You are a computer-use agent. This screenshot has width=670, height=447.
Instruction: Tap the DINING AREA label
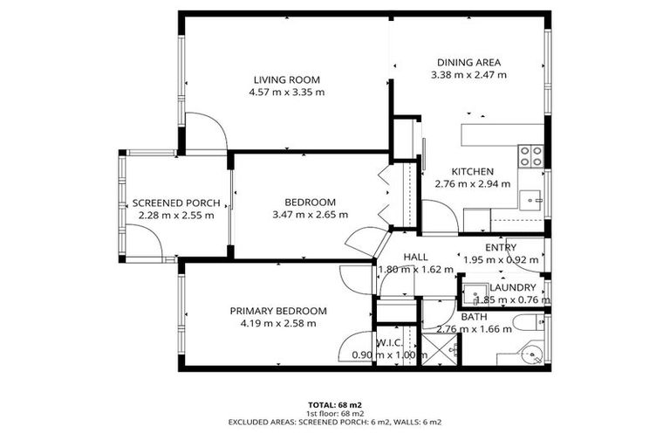coord(468,62)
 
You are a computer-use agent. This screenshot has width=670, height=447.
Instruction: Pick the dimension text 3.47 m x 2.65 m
coord(310,214)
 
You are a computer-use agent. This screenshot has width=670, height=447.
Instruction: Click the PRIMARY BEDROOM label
coord(278,311)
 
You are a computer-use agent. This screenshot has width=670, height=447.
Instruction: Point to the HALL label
coord(414,257)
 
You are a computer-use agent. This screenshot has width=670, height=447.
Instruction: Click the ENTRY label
coord(501,247)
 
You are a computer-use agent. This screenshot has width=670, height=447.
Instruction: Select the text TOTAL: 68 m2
coord(334,405)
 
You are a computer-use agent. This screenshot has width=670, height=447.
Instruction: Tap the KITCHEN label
coord(472,171)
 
